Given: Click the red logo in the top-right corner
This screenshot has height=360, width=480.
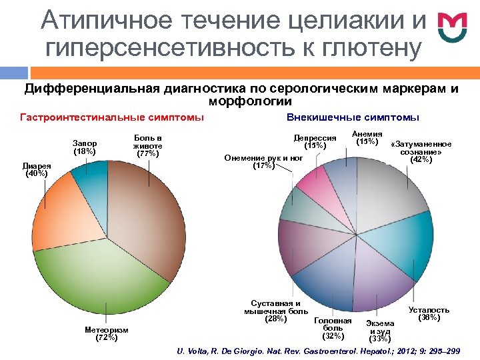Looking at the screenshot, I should [452, 28].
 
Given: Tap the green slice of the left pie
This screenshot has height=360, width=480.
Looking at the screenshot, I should [100, 280].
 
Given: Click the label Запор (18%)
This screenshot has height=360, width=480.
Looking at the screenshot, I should [85, 147].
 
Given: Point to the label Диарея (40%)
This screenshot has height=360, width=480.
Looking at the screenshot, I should [35, 169].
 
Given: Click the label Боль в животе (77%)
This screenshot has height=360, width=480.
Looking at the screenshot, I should [147, 145].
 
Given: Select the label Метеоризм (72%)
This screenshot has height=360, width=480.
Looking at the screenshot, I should [107, 333].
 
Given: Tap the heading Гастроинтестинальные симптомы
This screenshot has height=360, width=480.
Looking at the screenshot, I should [112, 118].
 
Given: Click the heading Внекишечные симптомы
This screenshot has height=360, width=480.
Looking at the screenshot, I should [353, 118].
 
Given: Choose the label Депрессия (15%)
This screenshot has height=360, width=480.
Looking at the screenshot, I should [315, 142].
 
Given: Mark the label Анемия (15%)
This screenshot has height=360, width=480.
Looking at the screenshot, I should [367, 137].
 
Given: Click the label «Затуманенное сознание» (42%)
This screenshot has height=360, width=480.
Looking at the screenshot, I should [421, 152].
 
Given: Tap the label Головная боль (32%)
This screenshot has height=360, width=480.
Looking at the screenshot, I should [333, 327].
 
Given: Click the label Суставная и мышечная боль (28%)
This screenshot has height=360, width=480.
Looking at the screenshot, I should [276, 311].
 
